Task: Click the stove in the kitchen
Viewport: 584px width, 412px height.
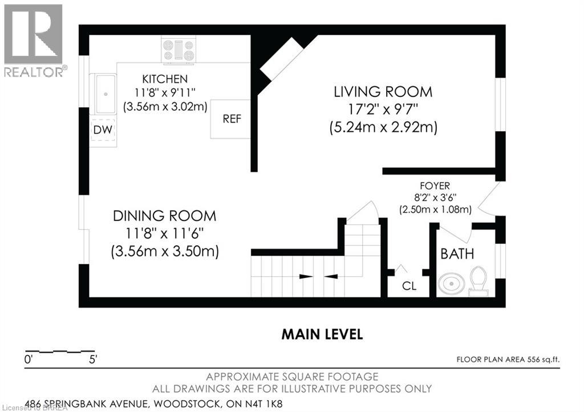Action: point(179,50)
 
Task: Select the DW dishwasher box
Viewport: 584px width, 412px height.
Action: point(103,130)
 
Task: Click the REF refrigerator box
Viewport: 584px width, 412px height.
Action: point(230,119)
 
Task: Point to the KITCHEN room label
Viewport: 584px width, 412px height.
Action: point(165,79)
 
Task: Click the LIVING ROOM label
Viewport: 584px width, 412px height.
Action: point(383,92)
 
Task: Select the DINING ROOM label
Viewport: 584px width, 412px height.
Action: point(164,216)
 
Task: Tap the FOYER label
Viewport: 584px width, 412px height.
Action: point(435,185)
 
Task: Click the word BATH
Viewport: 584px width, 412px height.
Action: point(457,254)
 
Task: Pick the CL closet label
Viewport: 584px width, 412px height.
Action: point(409,286)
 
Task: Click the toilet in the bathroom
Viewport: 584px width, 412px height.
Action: point(478,281)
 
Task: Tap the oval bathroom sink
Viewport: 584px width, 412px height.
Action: point(452,284)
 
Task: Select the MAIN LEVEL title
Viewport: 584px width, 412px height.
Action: point(322,334)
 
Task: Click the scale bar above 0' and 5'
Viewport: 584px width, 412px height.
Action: point(59,352)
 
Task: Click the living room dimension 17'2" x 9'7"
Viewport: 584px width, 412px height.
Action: point(383,110)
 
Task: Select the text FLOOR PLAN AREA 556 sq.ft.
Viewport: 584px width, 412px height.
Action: point(508,360)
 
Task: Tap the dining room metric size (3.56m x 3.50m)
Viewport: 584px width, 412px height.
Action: point(165,251)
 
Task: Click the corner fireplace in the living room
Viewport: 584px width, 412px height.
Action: point(282,58)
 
